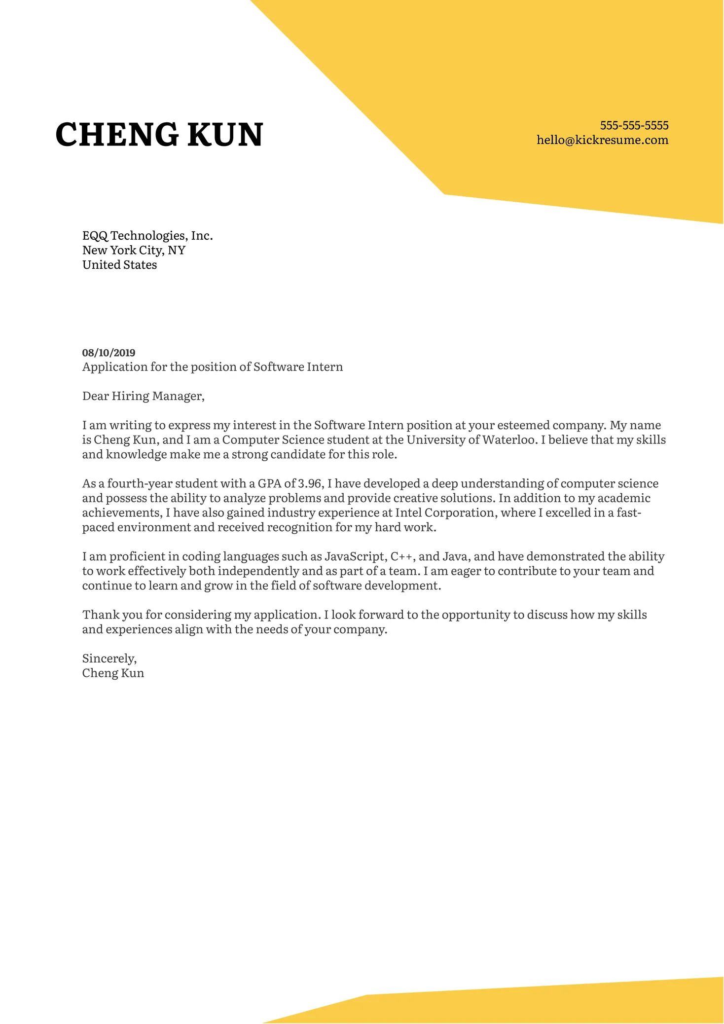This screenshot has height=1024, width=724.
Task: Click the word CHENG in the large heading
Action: pos(117,135)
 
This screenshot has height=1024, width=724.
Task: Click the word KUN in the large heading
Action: pos(225,135)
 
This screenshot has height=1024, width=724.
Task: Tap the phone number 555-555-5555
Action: pos(634,125)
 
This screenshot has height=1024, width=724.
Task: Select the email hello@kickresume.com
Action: pos(602,140)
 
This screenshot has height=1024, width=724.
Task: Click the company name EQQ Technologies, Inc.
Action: pos(147,236)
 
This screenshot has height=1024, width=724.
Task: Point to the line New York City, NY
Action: pos(134,251)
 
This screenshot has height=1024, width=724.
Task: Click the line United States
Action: pos(119,265)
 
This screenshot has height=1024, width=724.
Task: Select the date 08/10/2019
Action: pos(109,353)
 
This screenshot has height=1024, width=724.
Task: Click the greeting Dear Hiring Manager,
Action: pos(143,396)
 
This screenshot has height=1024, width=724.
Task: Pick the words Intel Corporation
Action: pos(445,513)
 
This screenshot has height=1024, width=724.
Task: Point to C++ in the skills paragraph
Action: pos(402,557)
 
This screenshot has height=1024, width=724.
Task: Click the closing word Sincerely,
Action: pos(109,659)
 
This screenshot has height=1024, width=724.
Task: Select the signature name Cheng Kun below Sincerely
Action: pos(113,673)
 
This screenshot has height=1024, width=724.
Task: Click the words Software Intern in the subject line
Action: pos(298,367)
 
